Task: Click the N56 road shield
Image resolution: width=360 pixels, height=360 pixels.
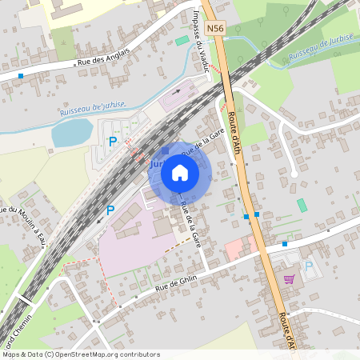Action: [214, 29]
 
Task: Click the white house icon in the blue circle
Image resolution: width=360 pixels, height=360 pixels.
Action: [180, 173]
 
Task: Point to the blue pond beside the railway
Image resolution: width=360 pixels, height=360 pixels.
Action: [73, 132]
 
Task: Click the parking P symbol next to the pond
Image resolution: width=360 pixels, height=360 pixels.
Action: [113, 142]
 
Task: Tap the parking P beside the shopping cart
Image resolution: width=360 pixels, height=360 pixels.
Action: [308, 266]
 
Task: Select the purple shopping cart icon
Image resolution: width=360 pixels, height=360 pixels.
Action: [289, 279]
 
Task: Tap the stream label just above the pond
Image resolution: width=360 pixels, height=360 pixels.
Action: [94, 110]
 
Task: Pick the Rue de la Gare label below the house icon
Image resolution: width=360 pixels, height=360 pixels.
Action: [190, 223]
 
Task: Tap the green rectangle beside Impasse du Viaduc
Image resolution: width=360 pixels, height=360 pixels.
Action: [182, 40]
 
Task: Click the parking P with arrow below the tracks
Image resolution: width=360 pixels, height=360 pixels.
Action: [110, 210]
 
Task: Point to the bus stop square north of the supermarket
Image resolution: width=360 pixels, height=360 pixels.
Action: [285, 243]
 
